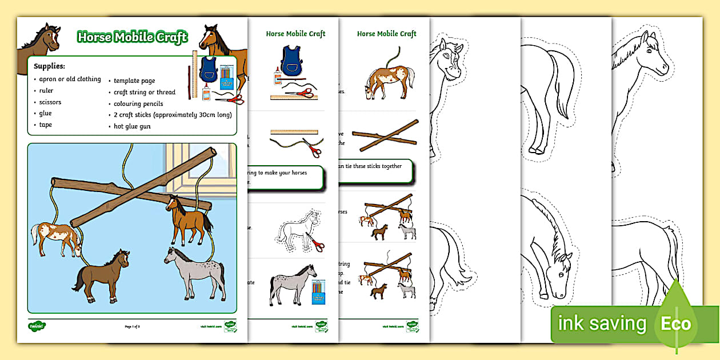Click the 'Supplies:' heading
49,66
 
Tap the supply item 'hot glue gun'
132,126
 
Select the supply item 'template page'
134,81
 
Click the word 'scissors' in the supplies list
50,102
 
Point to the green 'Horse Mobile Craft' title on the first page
132,38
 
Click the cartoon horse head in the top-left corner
46,39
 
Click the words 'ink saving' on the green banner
602,325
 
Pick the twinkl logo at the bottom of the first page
37,326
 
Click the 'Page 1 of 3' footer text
132,326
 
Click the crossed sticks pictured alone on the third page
382,139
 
